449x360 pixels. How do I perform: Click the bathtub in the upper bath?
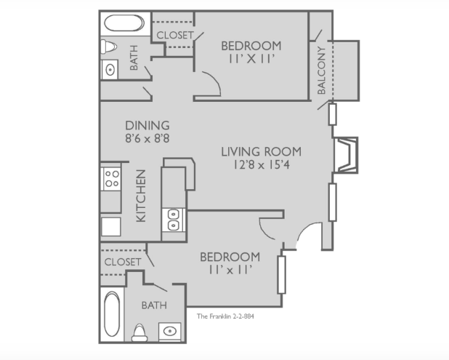point(124,23)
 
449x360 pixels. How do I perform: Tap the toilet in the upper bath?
point(108,47)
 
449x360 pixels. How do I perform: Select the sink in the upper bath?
point(110,69)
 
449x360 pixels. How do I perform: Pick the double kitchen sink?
point(173,220)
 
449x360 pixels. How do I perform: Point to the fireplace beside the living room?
point(347,155)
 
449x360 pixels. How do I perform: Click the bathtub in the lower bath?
point(112,314)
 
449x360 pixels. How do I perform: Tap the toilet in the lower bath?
point(139,333)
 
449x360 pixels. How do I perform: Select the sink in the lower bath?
point(170,332)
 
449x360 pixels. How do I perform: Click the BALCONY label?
point(321,71)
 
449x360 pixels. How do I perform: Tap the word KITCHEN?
point(141,196)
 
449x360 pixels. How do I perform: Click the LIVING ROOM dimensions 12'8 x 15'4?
point(261,165)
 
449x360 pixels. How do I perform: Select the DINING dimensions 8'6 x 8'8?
point(147,138)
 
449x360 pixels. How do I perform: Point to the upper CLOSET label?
point(175,35)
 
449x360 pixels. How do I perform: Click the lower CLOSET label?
point(123,262)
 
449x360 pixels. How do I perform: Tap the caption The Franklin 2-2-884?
point(225,316)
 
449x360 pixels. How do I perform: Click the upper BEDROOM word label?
point(251,46)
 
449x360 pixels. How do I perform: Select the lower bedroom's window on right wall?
point(282,275)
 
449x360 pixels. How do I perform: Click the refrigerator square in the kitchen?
point(111,227)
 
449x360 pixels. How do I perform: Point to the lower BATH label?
point(154,305)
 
